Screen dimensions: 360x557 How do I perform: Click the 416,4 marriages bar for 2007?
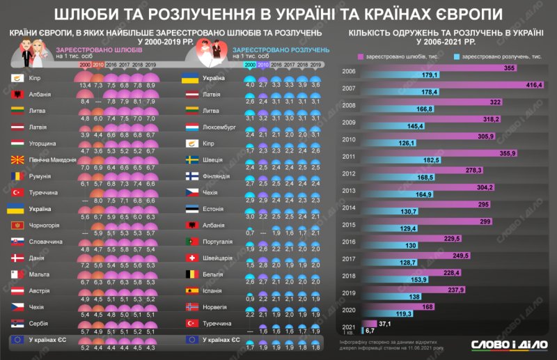click(453, 85)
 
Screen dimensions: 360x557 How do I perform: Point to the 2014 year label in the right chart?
click(350, 208)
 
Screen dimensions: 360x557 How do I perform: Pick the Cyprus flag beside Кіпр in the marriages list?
click(18, 77)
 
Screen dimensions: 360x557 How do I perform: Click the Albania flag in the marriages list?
click(18, 93)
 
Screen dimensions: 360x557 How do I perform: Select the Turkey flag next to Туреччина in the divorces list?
click(191, 323)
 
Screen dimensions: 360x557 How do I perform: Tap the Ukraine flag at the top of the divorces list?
click(191, 77)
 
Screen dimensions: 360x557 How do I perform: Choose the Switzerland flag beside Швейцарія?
click(191, 258)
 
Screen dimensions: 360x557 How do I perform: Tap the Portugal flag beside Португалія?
click(191, 241)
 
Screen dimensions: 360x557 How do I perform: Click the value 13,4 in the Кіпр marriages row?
click(85, 84)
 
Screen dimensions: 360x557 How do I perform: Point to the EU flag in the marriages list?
click(18, 339)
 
